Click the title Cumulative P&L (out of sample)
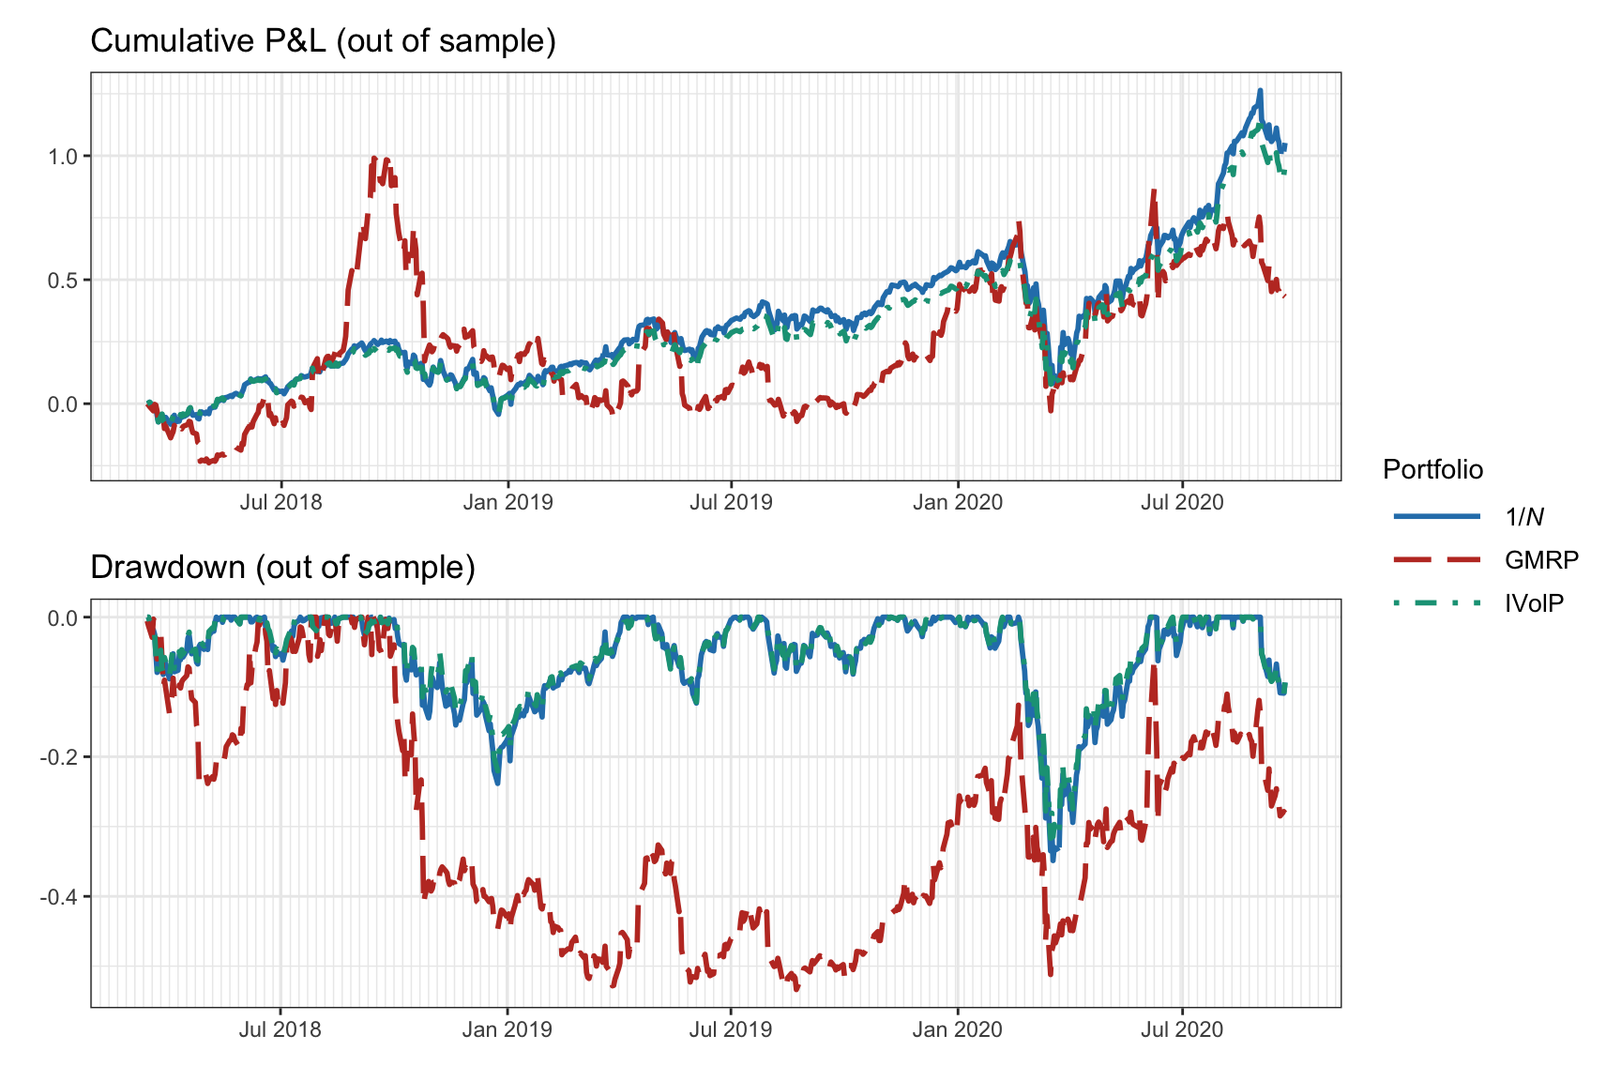point(323,41)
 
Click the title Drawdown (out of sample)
point(282,568)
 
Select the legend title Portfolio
point(1432,469)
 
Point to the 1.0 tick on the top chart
point(63,156)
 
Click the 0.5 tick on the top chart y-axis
point(63,280)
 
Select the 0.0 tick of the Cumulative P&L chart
point(63,404)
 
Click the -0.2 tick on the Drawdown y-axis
point(59,757)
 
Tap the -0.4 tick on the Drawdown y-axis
point(59,897)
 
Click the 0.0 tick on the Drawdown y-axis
point(63,617)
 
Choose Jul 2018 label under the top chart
point(280,502)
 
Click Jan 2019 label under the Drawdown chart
point(508,1029)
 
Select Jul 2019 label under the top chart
point(731,502)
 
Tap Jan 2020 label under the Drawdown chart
point(957,1029)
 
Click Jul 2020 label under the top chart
point(1182,502)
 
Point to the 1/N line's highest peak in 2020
point(1260,90)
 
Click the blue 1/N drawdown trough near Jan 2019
point(496,783)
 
